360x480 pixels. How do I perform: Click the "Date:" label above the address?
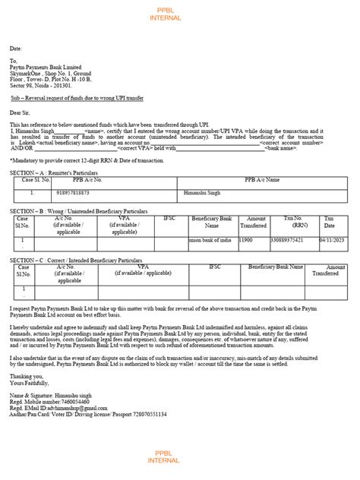tap(17, 48)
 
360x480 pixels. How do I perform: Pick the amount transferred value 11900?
tap(248, 239)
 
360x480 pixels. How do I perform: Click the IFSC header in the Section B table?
tap(169, 219)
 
